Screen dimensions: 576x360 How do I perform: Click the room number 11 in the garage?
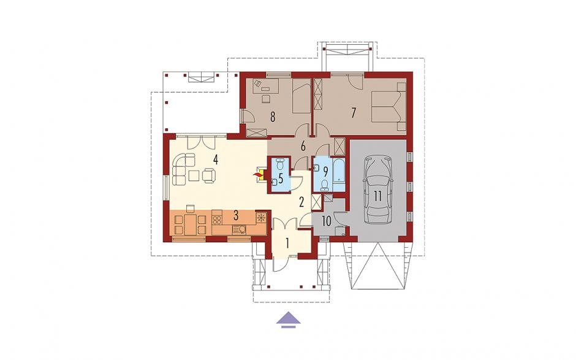click(378, 196)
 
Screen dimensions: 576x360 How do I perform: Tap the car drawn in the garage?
click(378, 190)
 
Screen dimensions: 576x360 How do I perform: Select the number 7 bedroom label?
click(354, 113)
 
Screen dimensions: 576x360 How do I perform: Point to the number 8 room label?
click(273, 117)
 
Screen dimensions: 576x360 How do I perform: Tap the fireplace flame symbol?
click(256, 175)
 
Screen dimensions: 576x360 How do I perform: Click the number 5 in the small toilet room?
click(281, 179)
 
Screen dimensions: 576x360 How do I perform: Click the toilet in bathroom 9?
click(324, 185)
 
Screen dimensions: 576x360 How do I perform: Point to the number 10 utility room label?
click(327, 221)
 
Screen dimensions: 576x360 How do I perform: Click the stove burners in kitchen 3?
click(217, 220)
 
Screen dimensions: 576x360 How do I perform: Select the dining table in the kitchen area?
click(191, 224)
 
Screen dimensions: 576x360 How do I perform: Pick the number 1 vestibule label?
click(287, 243)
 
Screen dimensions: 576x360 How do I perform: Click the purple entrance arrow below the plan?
click(289, 319)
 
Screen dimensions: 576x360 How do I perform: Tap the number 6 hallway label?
click(303, 147)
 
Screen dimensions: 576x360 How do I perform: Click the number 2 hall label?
click(302, 202)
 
